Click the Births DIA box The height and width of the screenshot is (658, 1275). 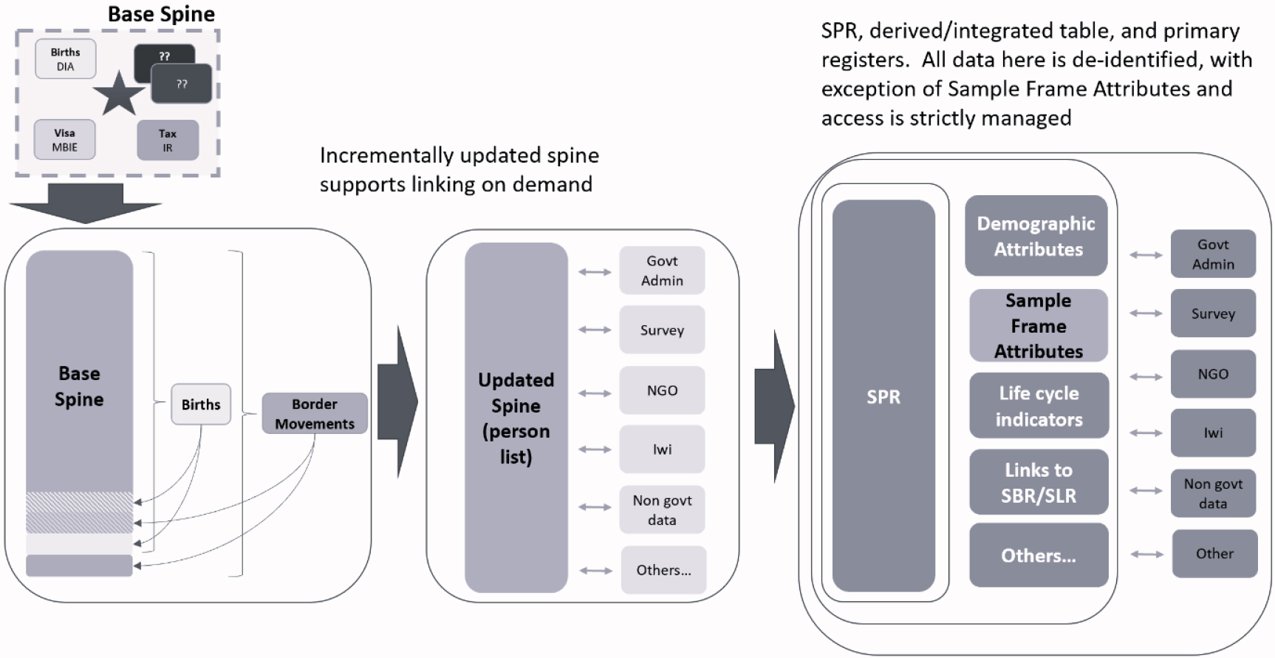(x=66, y=59)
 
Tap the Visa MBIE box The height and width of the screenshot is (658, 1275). (x=65, y=140)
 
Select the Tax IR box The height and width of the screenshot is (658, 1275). (x=168, y=140)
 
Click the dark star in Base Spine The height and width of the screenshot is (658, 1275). (x=119, y=94)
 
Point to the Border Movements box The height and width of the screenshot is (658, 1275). (x=315, y=413)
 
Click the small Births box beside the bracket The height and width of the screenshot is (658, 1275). (x=201, y=404)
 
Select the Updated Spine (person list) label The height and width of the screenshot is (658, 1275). (x=516, y=418)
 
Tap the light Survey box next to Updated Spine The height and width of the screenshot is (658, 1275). (x=662, y=330)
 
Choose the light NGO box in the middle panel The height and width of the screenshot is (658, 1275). (x=662, y=390)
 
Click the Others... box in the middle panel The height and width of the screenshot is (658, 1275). (x=663, y=569)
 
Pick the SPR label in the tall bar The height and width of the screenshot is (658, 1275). (x=883, y=397)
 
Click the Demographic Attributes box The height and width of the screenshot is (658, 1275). (x=1036, y=236)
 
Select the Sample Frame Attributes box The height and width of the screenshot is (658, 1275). (x=1039, y=325)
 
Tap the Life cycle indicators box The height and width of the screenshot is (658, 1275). (x=1039, y=406)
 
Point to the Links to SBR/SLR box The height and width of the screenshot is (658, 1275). (x=1039, y=482)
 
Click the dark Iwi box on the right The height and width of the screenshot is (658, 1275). (x=1213, y=433)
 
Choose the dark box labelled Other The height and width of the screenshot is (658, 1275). (x=1214, y=553)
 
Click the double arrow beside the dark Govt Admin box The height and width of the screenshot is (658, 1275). (x=1146, y=255)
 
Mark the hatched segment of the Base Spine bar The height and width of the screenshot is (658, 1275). (x=80, y=512)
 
